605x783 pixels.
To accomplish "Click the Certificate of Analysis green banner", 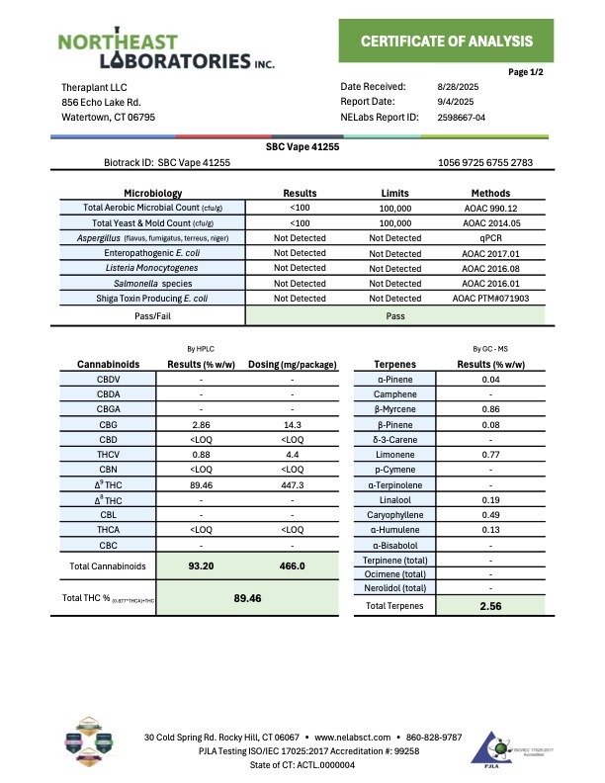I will click(x=447, y=42).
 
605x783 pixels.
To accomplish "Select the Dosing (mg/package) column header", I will click(x=293, y=364).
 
